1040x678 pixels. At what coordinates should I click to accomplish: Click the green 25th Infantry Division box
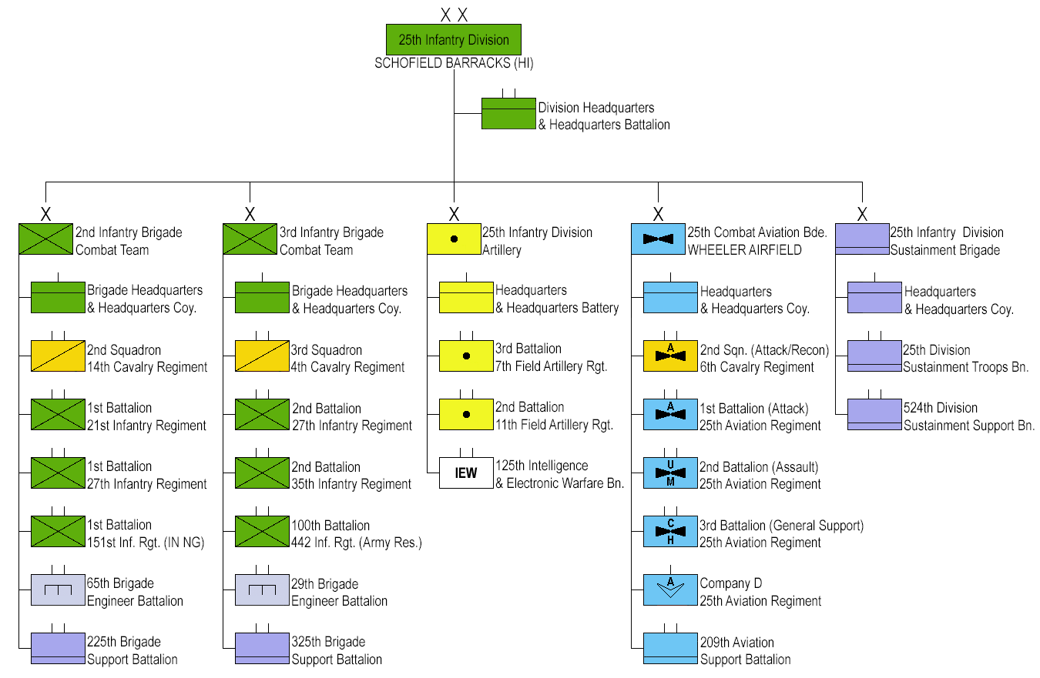pyautogui.click(x=453, y=40)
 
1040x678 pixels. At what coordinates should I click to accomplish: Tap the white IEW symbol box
pyautogui.click(x=466, y=473)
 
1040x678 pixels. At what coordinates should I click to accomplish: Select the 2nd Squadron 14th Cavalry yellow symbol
pyautogui.click(x=58, y=356)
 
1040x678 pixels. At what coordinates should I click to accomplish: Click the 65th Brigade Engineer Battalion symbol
pyautogui.click(x=58, y=590)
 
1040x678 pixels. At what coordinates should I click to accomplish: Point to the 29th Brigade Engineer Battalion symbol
pyautogui.click(x=262, y=590)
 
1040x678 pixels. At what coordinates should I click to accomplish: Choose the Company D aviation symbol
pyautogui.click(x=670, y=590)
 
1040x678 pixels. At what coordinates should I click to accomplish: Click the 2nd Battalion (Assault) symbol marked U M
pyautogui.click(x=670, y=473)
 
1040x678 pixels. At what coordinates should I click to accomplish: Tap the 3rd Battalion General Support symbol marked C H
pyautogui.click(x=670, y=532)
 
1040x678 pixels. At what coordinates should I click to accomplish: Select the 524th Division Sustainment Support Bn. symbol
pyautogui.click(x=874, y=415)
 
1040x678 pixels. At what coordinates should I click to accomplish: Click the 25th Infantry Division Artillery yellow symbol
pyautogui.click(x=454, y=239)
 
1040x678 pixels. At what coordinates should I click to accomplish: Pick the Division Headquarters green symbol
pyautogui.click(x=508, y=113)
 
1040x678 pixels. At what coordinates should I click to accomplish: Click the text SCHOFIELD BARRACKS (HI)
pyautogui.click(x=454, y=64)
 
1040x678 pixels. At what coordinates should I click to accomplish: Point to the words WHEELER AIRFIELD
pyautogui.click(x=744, y=250)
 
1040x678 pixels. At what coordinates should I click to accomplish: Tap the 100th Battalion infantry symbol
pyautogui.click(x=262, y=532)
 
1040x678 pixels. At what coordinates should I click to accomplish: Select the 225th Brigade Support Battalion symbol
pyautogui.click(x=58, y=649)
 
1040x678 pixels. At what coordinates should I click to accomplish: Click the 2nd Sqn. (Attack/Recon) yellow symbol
pyautogui.click(x=670, y=356)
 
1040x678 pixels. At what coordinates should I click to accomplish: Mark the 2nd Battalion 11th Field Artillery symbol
pyautogui.click(x=466, y=415)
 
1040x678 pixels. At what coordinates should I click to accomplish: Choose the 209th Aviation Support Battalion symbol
pyautogui.click(x=670, y=649)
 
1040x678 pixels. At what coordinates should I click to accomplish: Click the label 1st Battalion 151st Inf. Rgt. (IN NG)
pyautogui.click(x=146, y=533)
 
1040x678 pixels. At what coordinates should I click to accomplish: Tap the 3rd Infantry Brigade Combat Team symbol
pyautogui.click(x=250, y=239)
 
